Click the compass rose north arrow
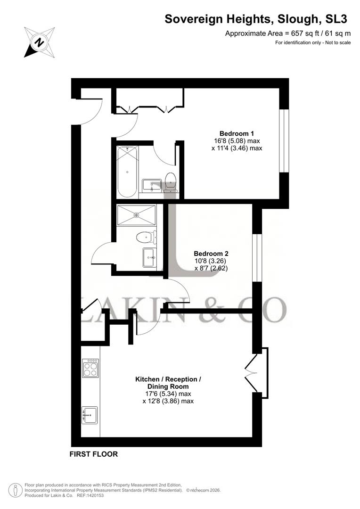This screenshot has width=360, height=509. (x=40, y=41)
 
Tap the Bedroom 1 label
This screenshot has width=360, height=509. (x=236, y=133)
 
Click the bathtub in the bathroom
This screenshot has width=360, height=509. (x=127, y=172)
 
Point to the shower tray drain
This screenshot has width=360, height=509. (x=137, y=215)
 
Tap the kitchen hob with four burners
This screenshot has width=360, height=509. (x=90, y=368)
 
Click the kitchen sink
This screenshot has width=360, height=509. (x=90, y=415)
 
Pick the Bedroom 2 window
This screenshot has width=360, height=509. (x=257, y=257)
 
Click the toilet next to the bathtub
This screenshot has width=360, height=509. (x=171, y=182)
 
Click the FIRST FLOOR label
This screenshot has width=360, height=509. (x=93, y=455)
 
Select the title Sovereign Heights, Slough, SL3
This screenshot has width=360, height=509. (x=256, y=19)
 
